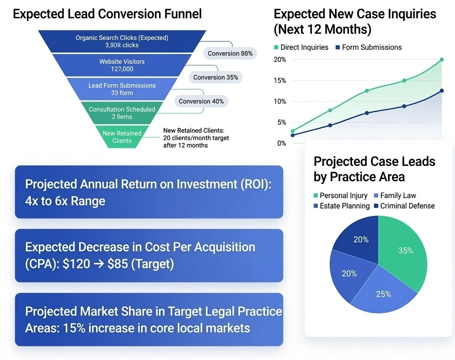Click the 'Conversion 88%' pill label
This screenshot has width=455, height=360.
(x=230, y=53)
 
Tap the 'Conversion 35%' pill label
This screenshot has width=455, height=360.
(x=215, y=77)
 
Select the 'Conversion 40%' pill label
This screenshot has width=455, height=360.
(x=201, y=101)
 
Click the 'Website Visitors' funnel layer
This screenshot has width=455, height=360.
(x=122, y=65)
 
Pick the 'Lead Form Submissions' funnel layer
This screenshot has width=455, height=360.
(x=122, y=89)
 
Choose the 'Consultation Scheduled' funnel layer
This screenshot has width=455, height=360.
(x=122, y=113)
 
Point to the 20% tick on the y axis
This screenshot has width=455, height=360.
(x=280, y=60)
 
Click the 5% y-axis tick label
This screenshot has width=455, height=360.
(x=281, y=122)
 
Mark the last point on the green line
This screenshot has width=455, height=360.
(x=441, y=60)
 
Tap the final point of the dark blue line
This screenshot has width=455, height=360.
(x=441, y=90)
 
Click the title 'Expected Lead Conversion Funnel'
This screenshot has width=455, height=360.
(x=107, y=14)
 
